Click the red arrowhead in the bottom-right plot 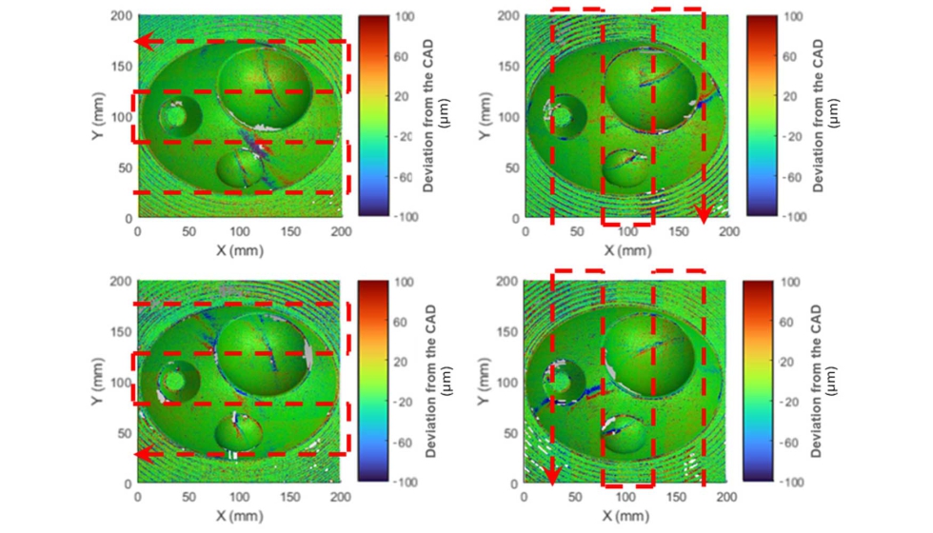tap(551, 476)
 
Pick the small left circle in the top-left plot tap(176, 115)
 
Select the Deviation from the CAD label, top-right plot tap(824, 117)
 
